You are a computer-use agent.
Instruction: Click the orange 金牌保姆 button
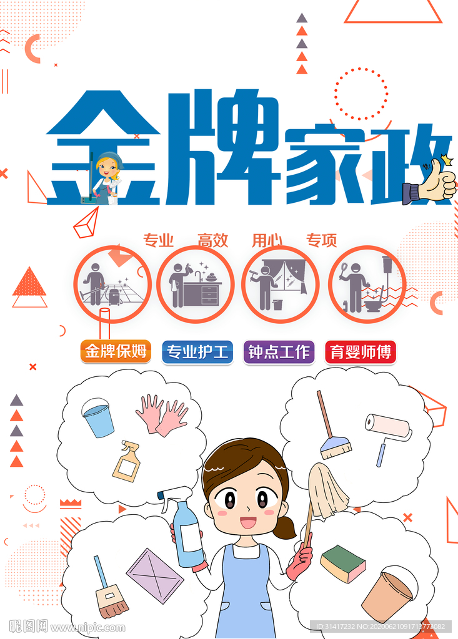coord(116,352)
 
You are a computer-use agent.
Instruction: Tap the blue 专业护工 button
coord(197,352)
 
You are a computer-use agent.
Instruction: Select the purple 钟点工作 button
coord(279,352)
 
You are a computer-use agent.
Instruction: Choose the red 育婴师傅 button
coord(360,352)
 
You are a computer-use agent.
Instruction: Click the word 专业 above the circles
coord(158,240)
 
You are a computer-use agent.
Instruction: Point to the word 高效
coord(212,240)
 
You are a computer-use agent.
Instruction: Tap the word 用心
coord(267,240)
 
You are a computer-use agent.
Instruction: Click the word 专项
coord(321,240)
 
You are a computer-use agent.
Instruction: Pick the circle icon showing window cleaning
coord(280,284)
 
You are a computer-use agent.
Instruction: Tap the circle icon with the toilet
coord(367,284)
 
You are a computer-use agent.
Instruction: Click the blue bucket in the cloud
coord(98,417)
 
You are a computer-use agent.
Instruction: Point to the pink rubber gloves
coord(162,414)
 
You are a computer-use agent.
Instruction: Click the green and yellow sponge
coord(342,563)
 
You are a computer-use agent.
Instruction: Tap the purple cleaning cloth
coord(155,575)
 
